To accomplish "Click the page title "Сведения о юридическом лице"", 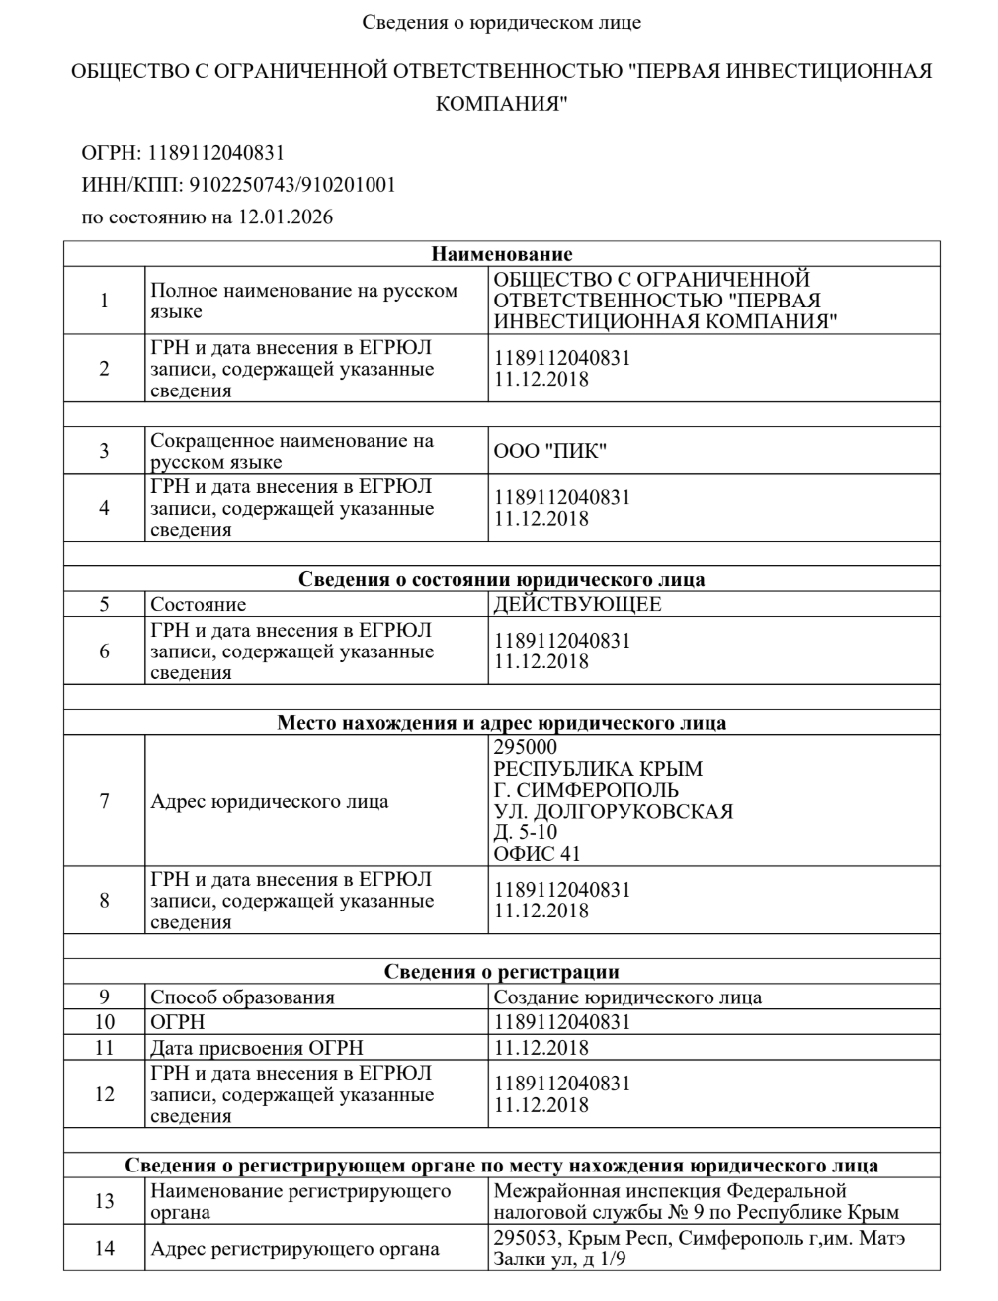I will coord(501,22).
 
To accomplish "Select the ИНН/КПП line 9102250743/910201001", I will coord(238,184).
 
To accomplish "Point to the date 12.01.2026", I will coord(286,216).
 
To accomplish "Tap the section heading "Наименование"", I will coord(501,254).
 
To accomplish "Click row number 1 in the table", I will coord(105,301).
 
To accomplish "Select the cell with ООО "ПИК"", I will coord(549,451).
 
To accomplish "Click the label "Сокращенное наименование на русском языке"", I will coord(292,451).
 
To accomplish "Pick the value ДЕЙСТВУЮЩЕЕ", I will coord(577,604).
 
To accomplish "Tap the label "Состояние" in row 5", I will coord(198,604).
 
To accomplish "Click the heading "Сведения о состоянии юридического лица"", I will coord(501,579).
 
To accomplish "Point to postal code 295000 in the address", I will coord(525,747).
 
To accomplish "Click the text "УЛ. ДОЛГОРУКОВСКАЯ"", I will coord(613,812).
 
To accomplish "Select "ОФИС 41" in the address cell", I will coord(537,854).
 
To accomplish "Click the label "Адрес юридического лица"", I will coord(269,801).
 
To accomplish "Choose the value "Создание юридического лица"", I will coord(627,997).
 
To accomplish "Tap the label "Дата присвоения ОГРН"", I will coord(256,1048).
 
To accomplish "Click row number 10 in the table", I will coord(105,1022).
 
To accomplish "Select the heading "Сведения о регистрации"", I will coord(501,972).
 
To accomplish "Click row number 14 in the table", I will coord(105,1249).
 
